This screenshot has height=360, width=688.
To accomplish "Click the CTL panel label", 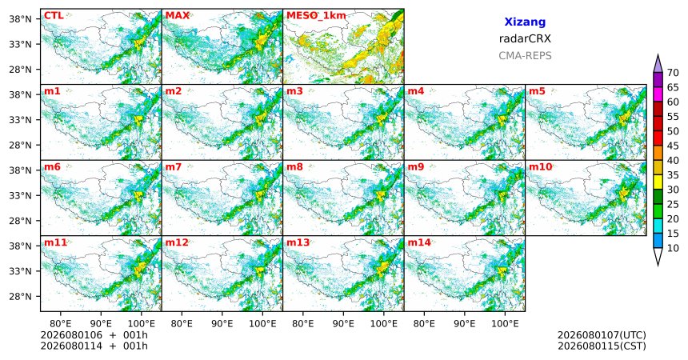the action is [x=54, y=16].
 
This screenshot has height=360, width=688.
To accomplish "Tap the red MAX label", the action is [x=178, y=16].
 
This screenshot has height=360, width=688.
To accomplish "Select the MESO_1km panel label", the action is [x=316, y=16].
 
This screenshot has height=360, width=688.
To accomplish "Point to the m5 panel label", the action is [x=537, y=91].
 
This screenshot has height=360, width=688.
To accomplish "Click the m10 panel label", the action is [x=540, y=167].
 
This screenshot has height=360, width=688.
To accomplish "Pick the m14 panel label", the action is [x=419, y=242].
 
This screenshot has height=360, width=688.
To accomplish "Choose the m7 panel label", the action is [x=174, y=167].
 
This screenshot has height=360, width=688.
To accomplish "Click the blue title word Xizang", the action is [x=525, y=22].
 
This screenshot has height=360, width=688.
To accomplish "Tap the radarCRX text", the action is [x=525, y=38].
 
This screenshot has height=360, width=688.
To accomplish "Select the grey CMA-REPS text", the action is [x=525, y=56].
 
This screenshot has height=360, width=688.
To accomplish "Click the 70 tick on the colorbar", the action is [x=673, y=73].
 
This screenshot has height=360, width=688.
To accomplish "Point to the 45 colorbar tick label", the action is [x=673, y=146].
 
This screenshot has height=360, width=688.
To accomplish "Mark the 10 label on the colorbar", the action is [x=673, y=248].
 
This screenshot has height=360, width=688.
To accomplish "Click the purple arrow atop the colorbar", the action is [x=658, y=65].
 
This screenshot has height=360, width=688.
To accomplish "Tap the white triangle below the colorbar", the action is [x=658, y=255].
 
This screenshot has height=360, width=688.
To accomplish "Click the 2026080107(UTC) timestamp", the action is [x=602, y=335].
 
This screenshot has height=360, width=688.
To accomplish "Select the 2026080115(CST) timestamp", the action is [x=602, y=346].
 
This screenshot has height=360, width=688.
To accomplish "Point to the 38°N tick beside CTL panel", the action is [x=20, y=19].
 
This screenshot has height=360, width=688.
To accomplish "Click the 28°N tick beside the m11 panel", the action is [x=20, y=296].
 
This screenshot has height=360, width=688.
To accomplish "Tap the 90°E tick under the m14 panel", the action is [x=465, y=324].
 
